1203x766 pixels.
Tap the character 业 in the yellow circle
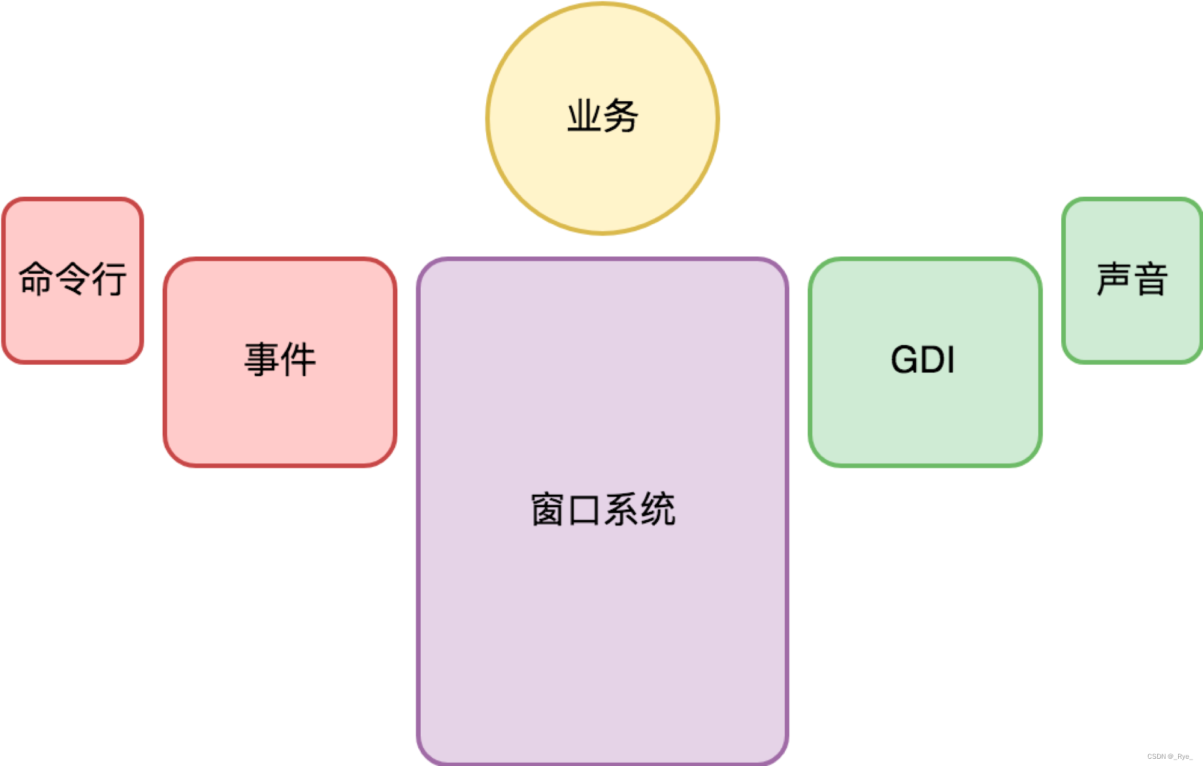584,117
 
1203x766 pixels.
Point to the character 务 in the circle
621,117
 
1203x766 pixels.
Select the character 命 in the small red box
36,278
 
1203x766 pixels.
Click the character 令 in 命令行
72,278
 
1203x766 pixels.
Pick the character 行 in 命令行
108,278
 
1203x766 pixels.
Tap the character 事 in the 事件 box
262,359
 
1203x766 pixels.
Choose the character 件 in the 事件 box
299,359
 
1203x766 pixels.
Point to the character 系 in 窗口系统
621,510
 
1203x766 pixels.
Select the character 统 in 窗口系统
657,510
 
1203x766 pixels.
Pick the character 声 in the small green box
1114,279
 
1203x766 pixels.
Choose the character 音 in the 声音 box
1151,279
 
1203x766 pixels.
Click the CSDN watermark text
1169,756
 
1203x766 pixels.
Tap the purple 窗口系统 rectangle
602,621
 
